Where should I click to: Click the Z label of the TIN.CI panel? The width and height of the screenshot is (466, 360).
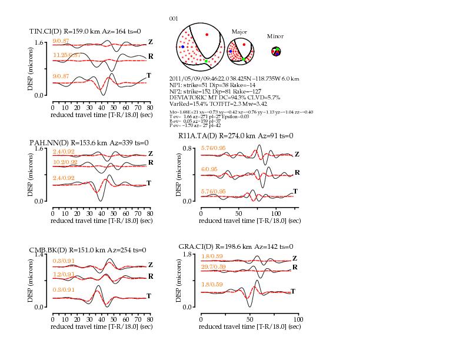[x=151, y=42]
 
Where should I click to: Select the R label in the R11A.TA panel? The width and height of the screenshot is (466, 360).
[x=297, y=172]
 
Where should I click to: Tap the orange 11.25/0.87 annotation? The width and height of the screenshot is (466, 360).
[x=66, y=55]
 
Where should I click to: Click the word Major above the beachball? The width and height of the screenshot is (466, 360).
[x=239, y=32]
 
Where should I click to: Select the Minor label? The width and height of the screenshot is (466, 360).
[x=275, y=36]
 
